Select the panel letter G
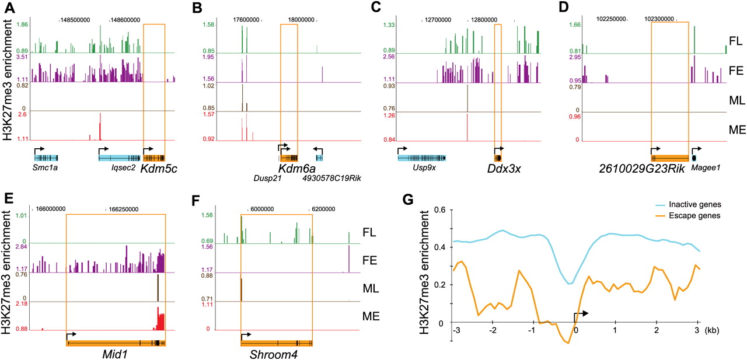pyautogui.click(x=409, y=198)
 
